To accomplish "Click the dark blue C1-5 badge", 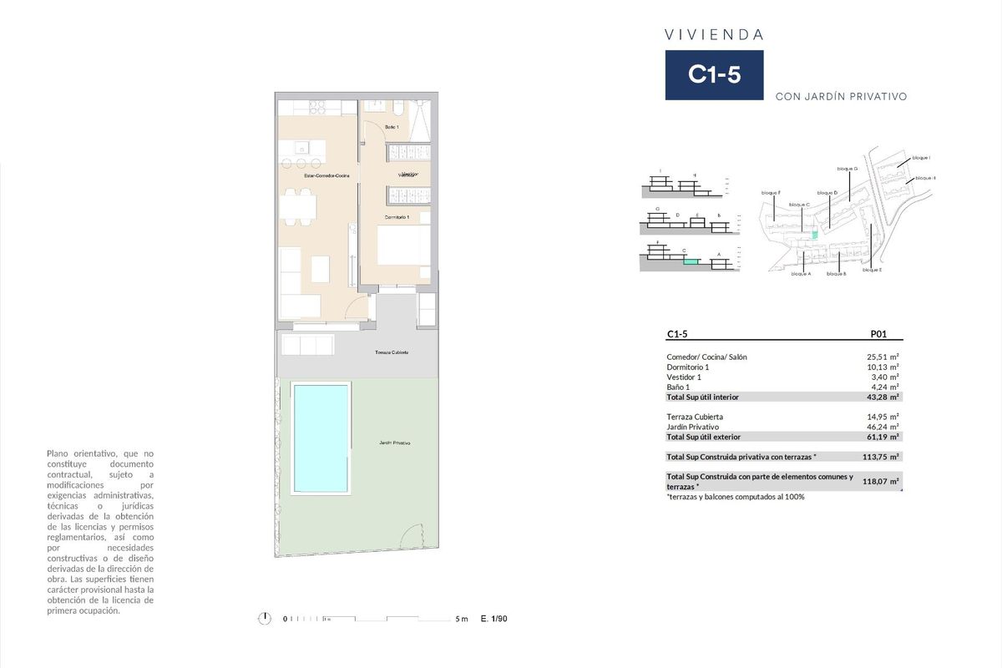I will [714, 75].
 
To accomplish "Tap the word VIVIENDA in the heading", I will [714, 35].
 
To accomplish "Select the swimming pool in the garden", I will [321, 438].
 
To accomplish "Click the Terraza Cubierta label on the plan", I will [392, 353].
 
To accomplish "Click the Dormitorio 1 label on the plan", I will [397, 217].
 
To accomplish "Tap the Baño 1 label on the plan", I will [392, 126].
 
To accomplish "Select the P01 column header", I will [878, 334].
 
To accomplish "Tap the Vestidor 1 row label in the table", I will [684, 377].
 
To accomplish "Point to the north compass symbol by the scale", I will [265, 619].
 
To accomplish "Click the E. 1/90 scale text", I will [494, 620].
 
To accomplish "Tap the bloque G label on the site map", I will [847, 169].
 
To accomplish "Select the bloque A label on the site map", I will [800, 274].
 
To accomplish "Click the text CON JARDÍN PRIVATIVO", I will [841, 97].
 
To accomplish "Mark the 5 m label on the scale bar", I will [462, 620].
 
